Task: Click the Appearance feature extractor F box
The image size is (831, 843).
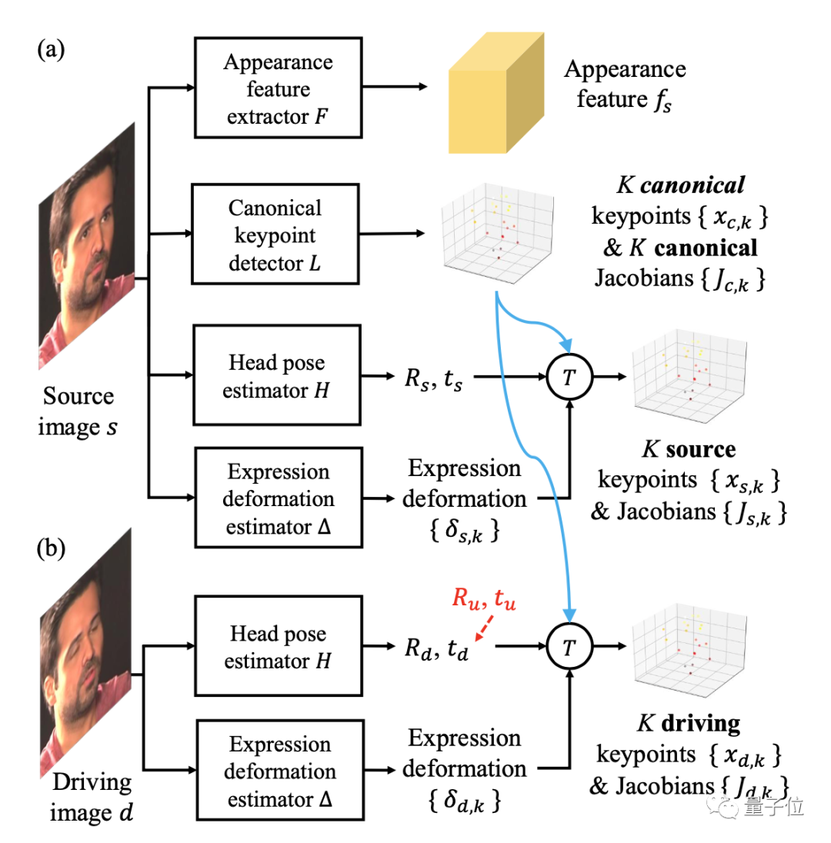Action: click(x=278, y=88)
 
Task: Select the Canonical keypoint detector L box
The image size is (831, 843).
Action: click(x=275, y=234)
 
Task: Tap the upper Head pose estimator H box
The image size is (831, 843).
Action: click(x=277, y=375)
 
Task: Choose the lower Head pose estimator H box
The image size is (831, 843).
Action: click(x=279, y=646)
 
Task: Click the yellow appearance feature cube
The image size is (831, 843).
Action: click(x=496, y=92)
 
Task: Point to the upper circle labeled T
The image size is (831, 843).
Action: click(x=569, y=376)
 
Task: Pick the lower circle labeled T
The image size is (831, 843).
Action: click(x=569, y=648)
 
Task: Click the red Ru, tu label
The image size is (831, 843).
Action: click(x=484, y=598)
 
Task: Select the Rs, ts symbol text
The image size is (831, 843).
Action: click(x=433, y=378)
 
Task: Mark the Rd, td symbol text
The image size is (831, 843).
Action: click(x=436, y=648)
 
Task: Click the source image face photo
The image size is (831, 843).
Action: click(x=87, y=245)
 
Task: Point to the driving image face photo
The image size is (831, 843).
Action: click(x=85, y=653)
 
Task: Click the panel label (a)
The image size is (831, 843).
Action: click(x=51, y=50)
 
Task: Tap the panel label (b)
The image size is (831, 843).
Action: click(x=51, y=549)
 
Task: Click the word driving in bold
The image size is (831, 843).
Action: click(x=701, y=724)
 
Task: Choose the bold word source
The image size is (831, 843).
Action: click(x=700, y=449)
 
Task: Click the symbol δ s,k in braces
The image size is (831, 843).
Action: click(x=464, y=531)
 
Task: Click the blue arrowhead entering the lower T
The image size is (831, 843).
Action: click(x=569, y=615)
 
